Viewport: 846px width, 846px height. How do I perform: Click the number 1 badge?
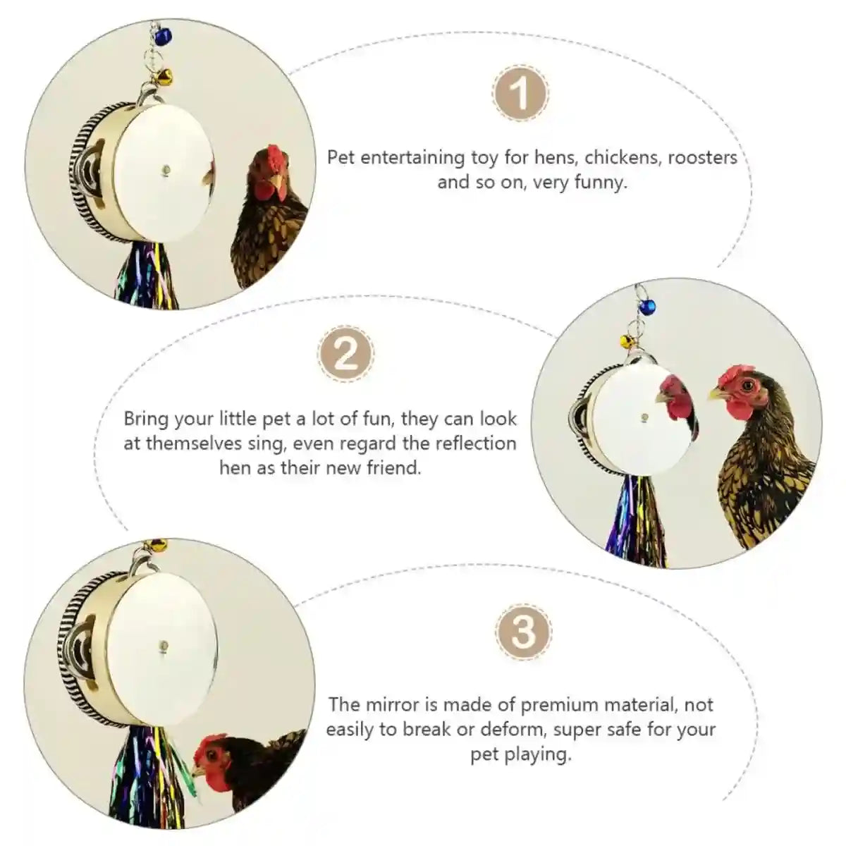(520, 94)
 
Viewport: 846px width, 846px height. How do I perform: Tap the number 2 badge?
(345, 355)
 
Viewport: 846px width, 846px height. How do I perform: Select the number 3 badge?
(522, 631)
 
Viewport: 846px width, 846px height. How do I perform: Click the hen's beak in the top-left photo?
(277, 188)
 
